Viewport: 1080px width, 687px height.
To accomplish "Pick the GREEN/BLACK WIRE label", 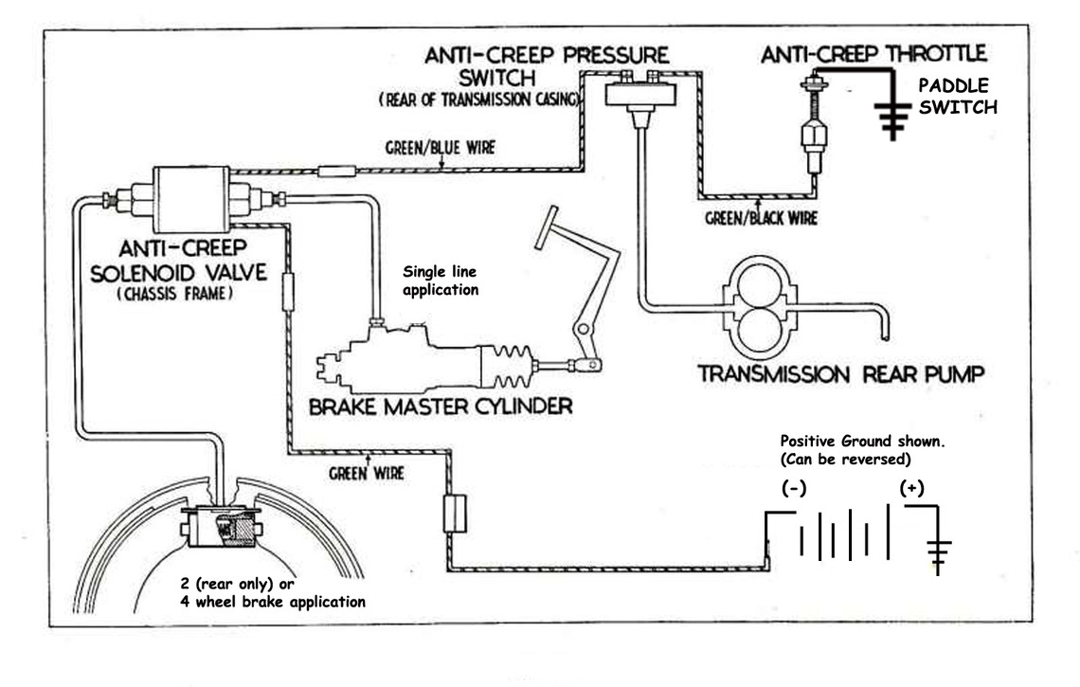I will click(x=760, y=218).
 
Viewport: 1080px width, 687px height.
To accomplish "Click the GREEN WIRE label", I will click(x=364, y=472).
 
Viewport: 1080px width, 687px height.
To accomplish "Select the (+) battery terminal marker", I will click(x=911, y=488).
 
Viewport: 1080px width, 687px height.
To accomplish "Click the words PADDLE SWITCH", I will click(x=957, y=97).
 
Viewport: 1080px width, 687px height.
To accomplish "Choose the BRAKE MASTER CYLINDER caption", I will click(x=441, y=408).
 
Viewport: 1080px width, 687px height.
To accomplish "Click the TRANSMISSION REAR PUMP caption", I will click(x=840, y=374).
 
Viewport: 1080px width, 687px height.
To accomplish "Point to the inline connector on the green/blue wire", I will click(x=335, y=172).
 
